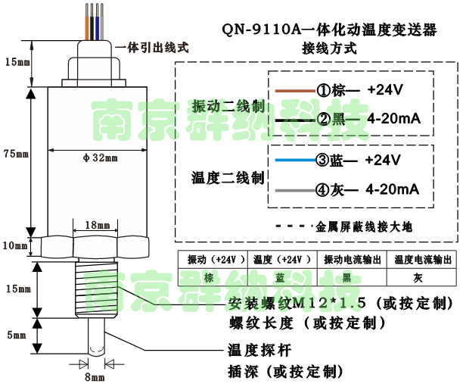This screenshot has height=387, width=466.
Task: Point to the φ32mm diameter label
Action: click(100, 158)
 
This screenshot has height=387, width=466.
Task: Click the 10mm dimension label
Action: click(14, 245)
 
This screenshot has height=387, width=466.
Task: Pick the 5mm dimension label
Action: click(14, 336)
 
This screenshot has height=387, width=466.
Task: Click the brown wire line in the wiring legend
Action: click(294, 90)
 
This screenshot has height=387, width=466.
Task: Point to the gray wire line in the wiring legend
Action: click(293, 189)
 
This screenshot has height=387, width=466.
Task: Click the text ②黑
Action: click(335, 119)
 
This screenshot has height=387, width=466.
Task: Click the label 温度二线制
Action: click(227, 178)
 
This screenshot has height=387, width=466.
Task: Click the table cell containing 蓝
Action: click(280, 277)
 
